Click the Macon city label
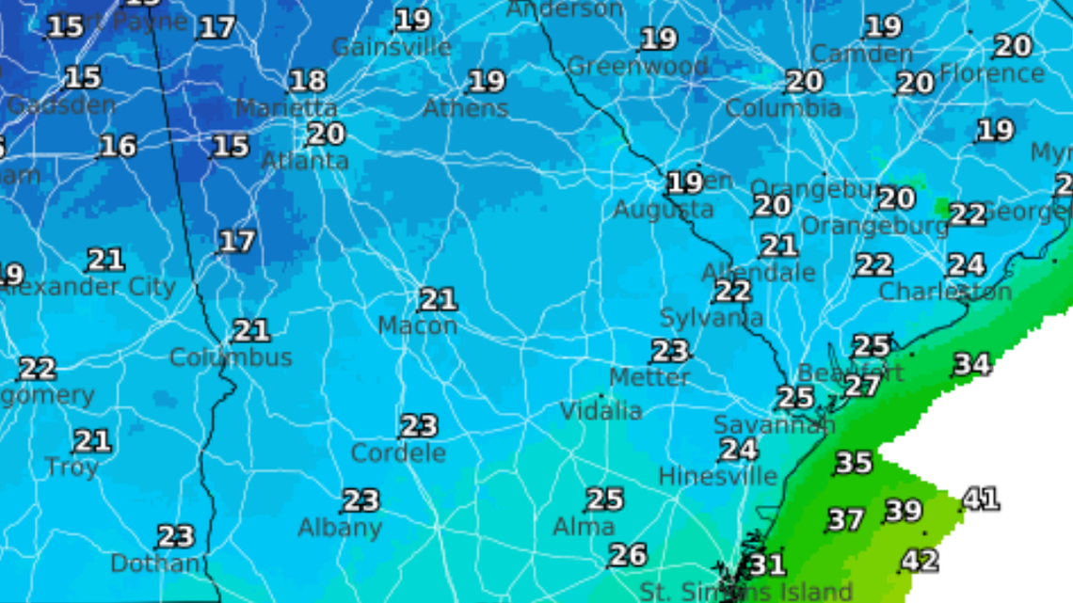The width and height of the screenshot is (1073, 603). (x=417, y=326)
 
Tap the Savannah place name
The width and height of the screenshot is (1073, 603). (x=774, y=425)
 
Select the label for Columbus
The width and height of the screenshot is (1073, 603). (x=231, y=358)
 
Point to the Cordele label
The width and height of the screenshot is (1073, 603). (x=398, y=453)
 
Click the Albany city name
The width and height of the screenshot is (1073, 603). (x=340, y=529)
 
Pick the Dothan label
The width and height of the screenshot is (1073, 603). (x=155, y=563)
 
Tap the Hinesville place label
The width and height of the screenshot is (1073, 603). (x=718, y=477)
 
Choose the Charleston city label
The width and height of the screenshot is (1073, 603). (x=945, y=293)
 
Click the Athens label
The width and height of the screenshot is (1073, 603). (x=465, y=108)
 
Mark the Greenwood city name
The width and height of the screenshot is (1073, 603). (x=638, y=67)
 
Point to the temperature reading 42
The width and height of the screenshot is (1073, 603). (x=920, y=562)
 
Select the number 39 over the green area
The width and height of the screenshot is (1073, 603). (x=903, y=511)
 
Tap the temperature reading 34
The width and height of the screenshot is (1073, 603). (x=971, y=364)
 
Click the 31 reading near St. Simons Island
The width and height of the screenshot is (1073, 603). (x=766, y=564)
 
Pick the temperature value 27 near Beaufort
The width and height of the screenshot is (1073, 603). (x=861, y=386)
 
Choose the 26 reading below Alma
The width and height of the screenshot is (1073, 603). (x=628, y=555)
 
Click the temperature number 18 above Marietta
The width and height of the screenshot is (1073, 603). (x=308, y=81)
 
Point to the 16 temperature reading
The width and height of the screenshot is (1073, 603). (x=118, y=146)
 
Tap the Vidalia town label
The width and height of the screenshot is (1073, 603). (x=601, y=411)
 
